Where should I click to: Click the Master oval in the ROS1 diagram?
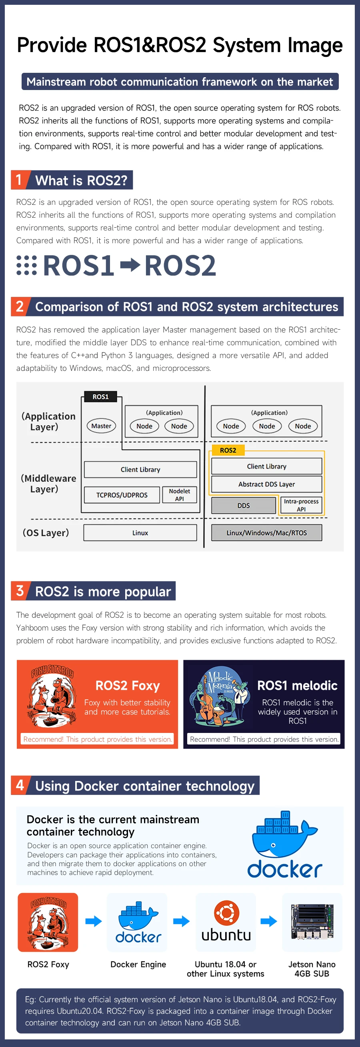point(101,426)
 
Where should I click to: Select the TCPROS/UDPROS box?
point(122,495)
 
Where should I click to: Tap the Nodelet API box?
point(179,494)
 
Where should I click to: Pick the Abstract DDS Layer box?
point(266,484)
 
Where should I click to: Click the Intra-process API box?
point(301,505)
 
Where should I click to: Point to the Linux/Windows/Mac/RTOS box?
point(266,533)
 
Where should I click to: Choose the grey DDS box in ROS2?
point(243,506)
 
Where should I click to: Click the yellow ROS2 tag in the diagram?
point(228,450)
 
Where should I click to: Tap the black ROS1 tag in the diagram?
point(100,397)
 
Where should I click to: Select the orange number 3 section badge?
point(20,591)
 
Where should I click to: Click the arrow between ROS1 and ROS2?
point(130,265)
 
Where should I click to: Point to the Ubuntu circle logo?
point(226,913)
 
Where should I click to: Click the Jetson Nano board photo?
point(312,921)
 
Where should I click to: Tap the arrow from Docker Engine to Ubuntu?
point(181,921)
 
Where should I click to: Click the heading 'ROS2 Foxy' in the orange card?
point(128,686)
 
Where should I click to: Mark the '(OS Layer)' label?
point(46,533)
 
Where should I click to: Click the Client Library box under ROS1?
point(140,469)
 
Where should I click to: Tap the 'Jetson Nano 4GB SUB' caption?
point(312,969)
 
